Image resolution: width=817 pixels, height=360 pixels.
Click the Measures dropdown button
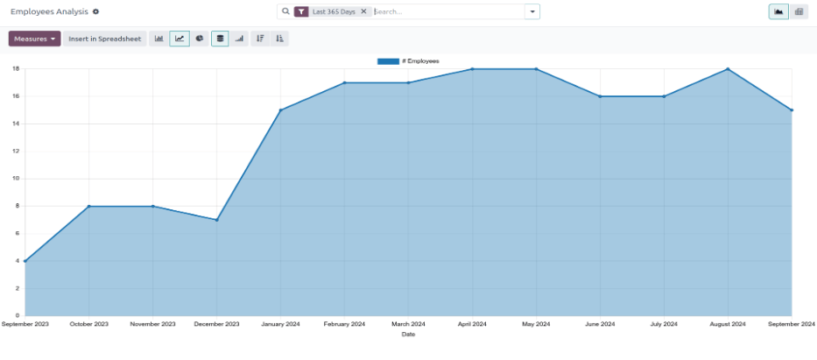(34, 39)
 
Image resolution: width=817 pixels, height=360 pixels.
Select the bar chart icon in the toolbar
(159, 39)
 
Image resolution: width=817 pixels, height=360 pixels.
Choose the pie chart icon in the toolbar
(200, 39)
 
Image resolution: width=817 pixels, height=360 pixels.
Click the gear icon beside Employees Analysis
(95, 11)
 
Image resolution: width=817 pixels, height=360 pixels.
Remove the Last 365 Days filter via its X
(363, 11)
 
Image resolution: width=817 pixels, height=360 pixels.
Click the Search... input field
(447, 11)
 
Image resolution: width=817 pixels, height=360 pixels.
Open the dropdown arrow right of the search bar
(532, 11)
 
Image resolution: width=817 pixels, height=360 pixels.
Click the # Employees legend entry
(409, 61)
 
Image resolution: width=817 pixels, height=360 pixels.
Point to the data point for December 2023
(216, 220)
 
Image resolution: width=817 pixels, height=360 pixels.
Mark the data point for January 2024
(280, 110)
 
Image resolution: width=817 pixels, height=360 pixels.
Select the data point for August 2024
(728, 69)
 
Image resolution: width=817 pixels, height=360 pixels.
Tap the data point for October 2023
(88, 207)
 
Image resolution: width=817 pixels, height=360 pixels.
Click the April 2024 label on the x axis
(472, 324)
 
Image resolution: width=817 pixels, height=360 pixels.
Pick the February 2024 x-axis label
(344, 324)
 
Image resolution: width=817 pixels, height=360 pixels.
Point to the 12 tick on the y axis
(16, 151)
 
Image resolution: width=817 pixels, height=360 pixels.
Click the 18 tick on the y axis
(16, 68)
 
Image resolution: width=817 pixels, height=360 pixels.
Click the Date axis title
(408, 334)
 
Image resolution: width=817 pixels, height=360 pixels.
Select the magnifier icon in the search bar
(285, 11)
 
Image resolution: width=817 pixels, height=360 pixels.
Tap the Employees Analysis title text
(49, 11)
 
